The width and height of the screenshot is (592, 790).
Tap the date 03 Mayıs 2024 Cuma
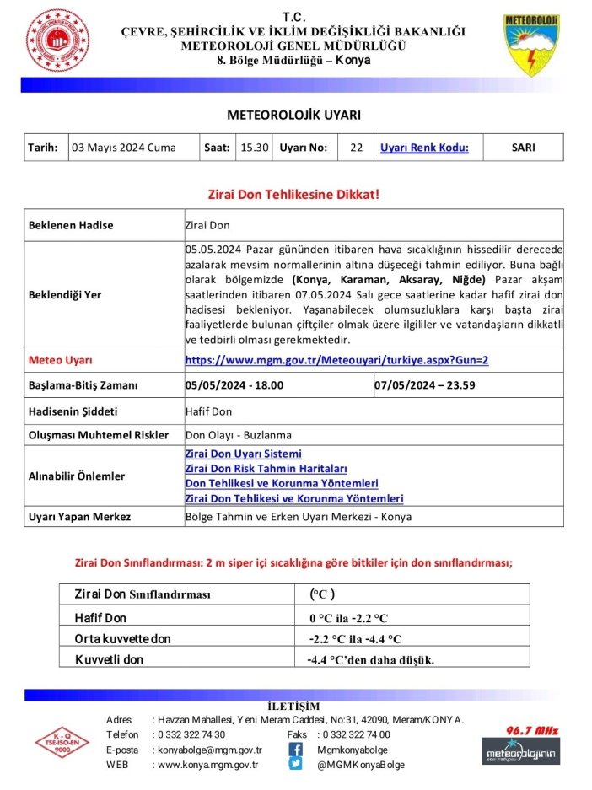pos(125,148)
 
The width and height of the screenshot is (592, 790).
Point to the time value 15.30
pos(254,148)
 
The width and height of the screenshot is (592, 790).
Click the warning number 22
pos(356,148)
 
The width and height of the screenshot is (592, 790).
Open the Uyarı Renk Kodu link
pos(424,148)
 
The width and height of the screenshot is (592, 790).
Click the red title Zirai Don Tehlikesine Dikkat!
pos(293,194)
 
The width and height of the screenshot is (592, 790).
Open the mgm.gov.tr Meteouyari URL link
pos(336,360)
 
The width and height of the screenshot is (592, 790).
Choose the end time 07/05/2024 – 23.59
pos(423,385)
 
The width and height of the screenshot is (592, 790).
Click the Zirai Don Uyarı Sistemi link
pos(243,454)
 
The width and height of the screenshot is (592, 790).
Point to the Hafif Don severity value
pos(207,411)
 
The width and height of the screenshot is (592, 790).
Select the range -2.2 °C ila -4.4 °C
pos(355,638)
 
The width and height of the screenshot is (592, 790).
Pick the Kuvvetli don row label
pos(109,659)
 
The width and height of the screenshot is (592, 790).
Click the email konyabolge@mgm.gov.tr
pos(210,750)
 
